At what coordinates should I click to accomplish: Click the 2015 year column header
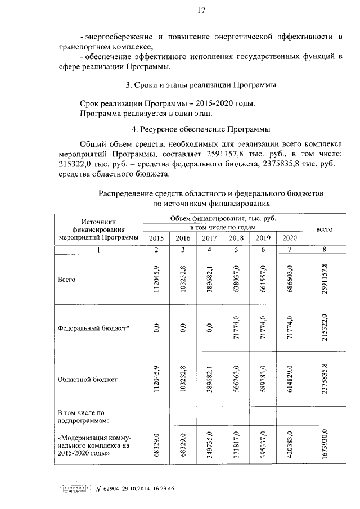156,238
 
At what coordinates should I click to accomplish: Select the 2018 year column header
236,238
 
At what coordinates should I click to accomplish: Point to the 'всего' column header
324,229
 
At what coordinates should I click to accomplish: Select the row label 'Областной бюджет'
87,380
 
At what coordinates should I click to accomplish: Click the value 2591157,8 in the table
324,280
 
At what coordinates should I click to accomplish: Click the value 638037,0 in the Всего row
236,280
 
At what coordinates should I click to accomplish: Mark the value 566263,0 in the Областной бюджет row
236,380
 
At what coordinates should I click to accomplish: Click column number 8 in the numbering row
324,249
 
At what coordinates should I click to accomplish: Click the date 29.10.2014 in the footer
139,488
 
